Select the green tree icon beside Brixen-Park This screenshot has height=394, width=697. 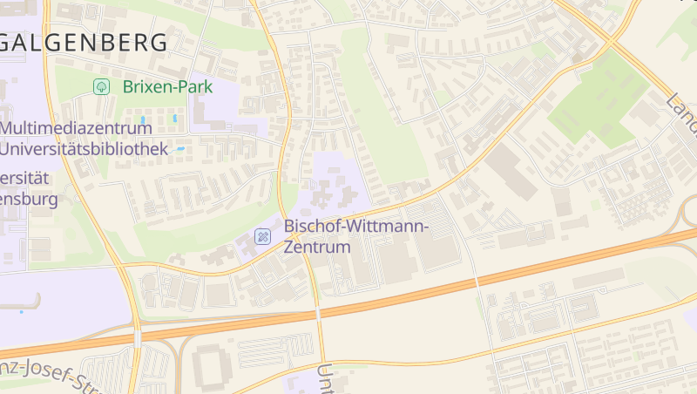pos(101,86)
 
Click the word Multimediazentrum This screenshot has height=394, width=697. pos(77,128)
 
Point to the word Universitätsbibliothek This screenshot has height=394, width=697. pos(84,149)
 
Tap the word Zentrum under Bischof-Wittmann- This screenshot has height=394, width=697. pos(317,248)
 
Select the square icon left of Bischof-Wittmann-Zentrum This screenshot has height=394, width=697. pos(261,237)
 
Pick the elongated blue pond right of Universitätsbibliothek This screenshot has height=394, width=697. pos(180,149)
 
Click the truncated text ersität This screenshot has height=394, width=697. pos(26,178)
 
